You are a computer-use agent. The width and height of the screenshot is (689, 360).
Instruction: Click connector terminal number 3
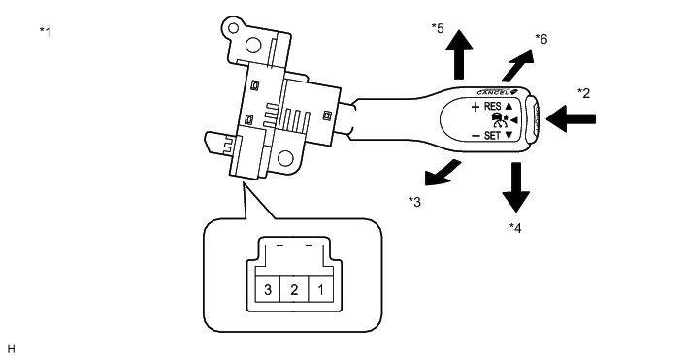(268, 290)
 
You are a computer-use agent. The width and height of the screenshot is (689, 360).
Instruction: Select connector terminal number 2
(294, 290)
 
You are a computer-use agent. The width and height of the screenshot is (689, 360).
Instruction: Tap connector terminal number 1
(321, 290)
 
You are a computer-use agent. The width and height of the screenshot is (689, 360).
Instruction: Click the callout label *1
(46, 32)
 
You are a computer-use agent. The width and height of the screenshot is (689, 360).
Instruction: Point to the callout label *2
(583, 93)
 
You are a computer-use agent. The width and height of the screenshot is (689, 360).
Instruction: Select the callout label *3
(414, 202)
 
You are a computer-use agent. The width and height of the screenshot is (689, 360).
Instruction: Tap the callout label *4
(515, 228)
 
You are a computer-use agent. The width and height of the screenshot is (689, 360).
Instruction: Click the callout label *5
(438, 28)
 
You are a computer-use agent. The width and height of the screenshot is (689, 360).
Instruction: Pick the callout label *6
(541, 39)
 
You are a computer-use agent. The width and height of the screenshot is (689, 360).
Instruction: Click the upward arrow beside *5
(459, 54)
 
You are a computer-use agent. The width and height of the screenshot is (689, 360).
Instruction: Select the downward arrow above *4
(516, 187)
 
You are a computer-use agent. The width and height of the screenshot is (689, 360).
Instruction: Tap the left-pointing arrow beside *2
(571, 118)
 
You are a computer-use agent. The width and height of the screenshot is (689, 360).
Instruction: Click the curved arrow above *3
(441, 174)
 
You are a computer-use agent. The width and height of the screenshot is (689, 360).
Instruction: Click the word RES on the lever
(492, 106)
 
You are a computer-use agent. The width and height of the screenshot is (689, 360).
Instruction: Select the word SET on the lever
(492, 136)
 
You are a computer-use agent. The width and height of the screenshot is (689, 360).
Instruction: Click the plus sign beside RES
(475, 107)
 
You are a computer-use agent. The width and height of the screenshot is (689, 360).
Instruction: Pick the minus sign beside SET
(476, 136)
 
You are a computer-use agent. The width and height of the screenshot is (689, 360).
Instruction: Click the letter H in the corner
(11, 349)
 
